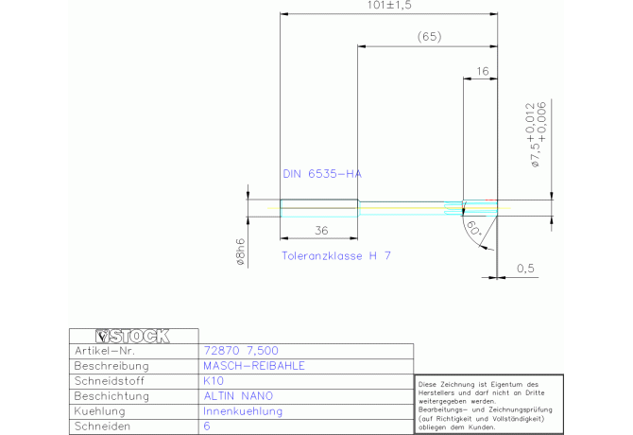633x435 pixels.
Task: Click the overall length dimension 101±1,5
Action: click(x=389, y=6)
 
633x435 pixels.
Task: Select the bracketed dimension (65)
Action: click(x=429, y=37)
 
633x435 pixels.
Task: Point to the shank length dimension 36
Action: click(x=320, y=230)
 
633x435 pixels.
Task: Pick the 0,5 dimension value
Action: click(x=525, y=269)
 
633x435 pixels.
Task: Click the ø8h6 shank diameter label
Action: click(x=242, y=252)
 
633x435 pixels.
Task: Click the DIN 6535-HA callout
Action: click(x=322, y=174)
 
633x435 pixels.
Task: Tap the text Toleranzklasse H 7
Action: click(x=336, y=256)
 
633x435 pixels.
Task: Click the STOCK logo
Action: click(x=133, y=335)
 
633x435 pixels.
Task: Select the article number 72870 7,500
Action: click(x=241, y=351)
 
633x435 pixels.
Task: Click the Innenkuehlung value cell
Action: click(x=243, y=412)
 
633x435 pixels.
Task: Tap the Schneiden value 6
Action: click(x=207, y=427)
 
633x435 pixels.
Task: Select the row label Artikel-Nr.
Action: click(x=106, y=351)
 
